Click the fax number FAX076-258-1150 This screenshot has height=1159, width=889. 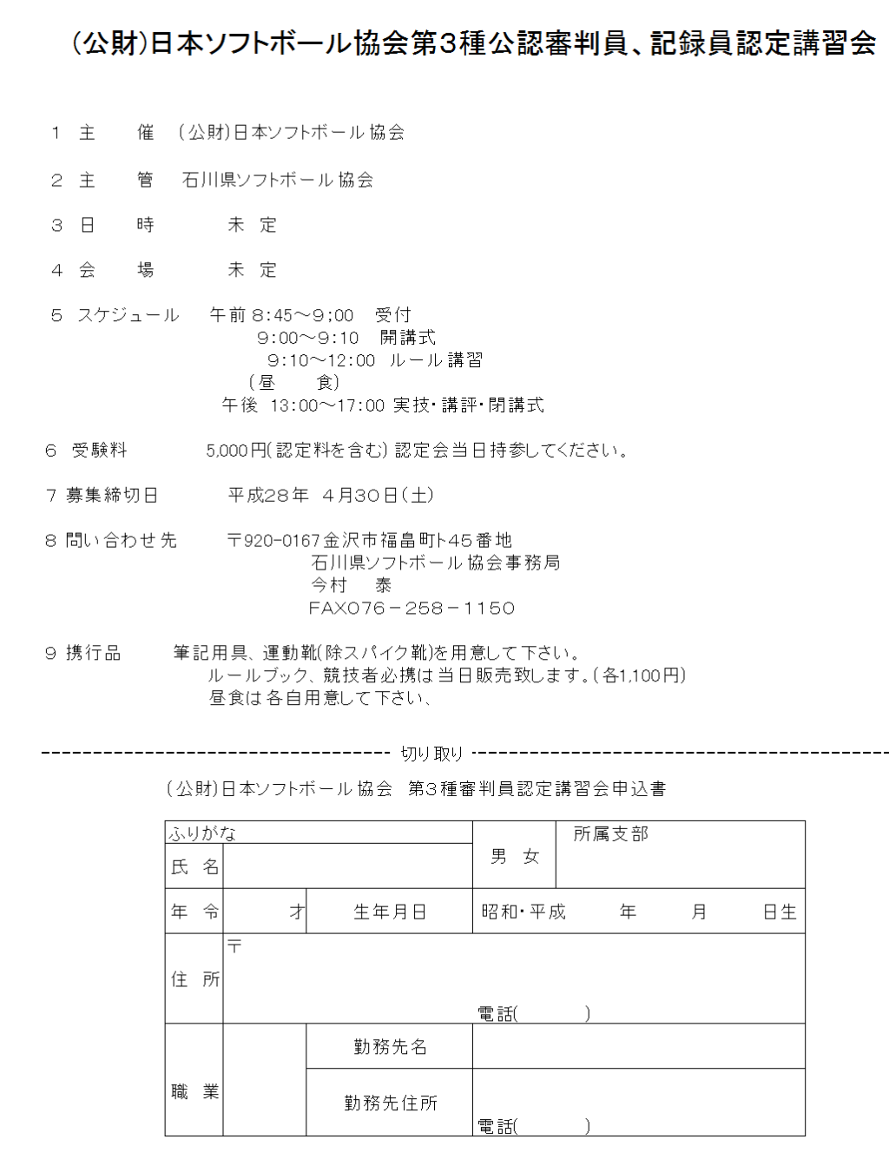412,609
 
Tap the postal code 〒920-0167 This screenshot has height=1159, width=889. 274,541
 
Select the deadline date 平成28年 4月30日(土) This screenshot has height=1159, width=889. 331,496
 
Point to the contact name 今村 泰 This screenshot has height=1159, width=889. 352,586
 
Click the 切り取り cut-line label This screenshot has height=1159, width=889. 431,754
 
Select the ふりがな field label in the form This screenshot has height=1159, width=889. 202,833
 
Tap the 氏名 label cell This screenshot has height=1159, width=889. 194,866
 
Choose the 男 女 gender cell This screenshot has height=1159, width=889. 515,857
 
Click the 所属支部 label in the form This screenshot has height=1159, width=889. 610,834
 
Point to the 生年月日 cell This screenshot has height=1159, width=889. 390,912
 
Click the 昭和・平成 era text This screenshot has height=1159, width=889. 524,912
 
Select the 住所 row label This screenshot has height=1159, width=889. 194,979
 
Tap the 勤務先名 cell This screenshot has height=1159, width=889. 390,1047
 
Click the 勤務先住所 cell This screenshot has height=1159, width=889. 390,1103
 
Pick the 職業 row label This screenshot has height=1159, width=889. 194,1092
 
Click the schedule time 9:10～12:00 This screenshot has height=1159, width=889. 321,360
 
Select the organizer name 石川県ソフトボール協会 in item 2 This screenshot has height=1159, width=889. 278,180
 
